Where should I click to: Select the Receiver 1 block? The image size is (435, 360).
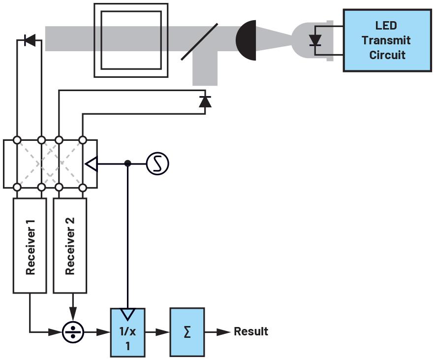[30, 245]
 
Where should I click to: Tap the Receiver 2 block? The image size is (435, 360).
[70, 245]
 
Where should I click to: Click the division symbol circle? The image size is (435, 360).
[73, 332]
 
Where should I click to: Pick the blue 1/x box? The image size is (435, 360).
[127, 332]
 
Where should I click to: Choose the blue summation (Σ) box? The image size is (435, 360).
[187, 332]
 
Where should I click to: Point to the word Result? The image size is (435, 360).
[251, 331]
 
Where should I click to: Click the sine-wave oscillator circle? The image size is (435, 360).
[157, 163]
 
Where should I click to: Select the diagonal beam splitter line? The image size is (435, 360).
[199, 42]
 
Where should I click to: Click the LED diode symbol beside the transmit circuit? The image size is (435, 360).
[315, 40]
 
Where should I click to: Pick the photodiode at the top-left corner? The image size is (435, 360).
[30, 40]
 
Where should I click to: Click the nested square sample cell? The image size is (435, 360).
[131, 40]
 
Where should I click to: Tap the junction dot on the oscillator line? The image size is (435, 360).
[128, 163]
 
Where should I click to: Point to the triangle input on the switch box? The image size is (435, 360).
[91, 164]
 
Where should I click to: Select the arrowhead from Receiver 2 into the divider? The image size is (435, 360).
[73, 314]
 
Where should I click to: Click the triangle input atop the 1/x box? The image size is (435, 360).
[128, 314]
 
